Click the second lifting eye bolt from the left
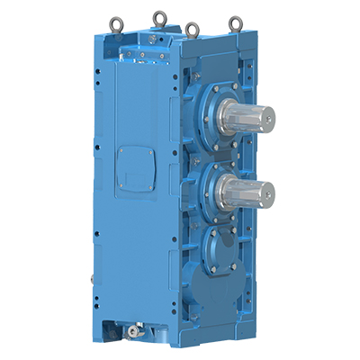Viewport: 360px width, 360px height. point(161,15)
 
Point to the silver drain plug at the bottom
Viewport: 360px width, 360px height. point(135,332)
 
